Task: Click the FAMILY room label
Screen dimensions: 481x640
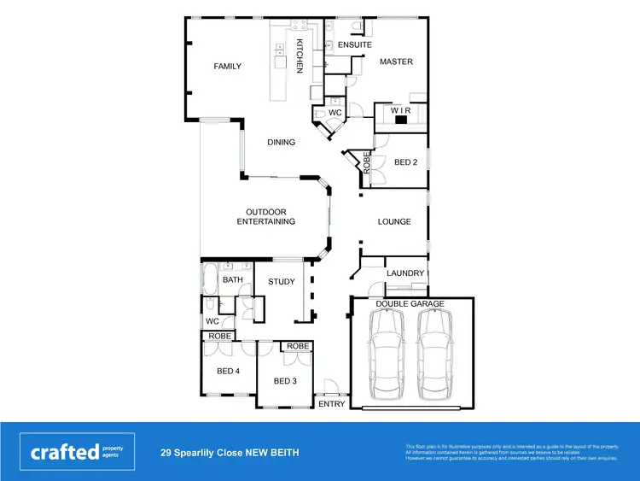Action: tap(227, 67)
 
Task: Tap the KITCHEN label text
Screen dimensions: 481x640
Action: tap(300, 56)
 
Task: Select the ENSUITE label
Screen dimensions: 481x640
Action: tap(354, 44)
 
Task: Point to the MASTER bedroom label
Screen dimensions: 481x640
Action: tap(396, 62)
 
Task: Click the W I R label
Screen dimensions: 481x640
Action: tap(401, 110)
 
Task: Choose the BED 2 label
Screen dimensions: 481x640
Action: tap(404, 162)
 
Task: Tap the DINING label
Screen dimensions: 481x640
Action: tap(281, 143)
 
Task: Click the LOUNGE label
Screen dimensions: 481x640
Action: tap(394, 222)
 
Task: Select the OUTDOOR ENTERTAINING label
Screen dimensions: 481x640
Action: tap(265, 217)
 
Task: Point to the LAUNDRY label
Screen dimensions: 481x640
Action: tap(404, 273)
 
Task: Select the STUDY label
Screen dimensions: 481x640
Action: tap(281, 282)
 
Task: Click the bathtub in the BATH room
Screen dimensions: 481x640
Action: tap(209, 279)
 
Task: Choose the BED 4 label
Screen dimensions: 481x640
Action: tap(227, 371)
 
